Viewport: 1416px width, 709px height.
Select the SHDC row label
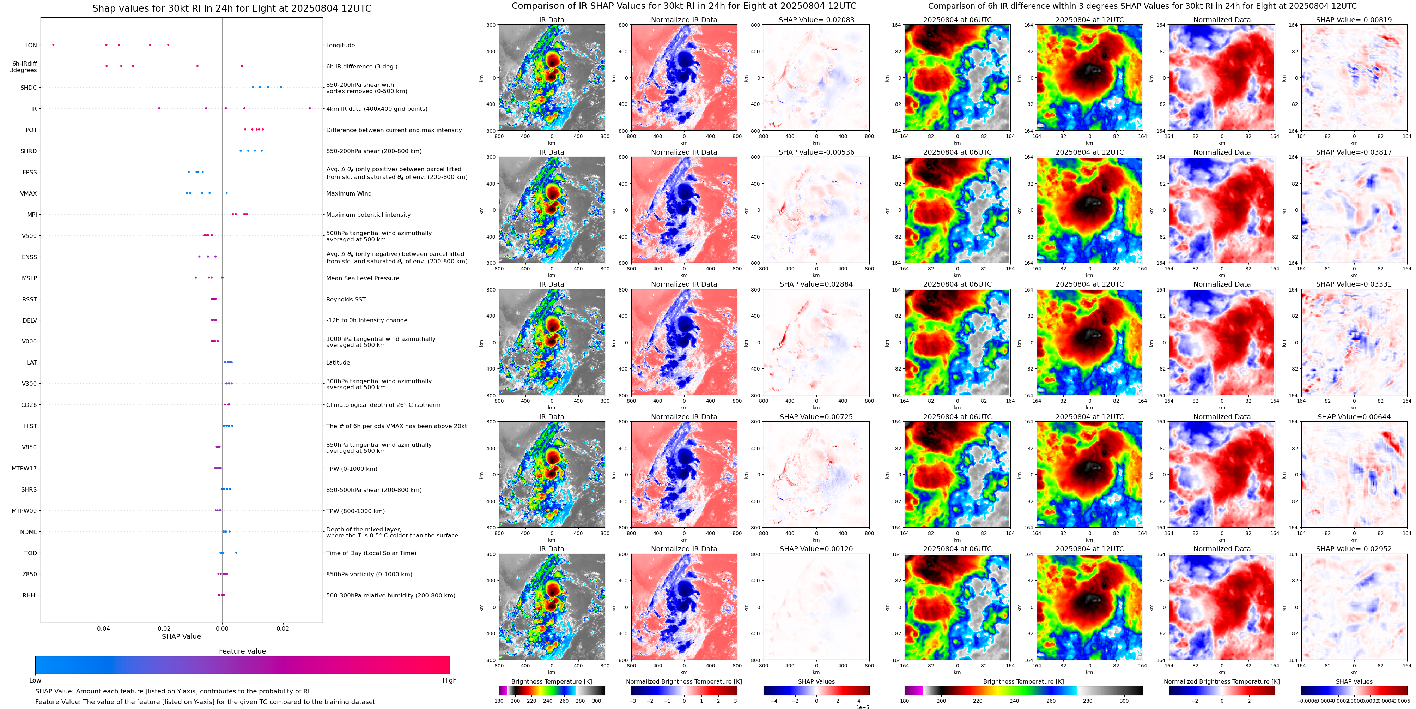point(29,88)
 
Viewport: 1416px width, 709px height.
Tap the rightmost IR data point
point(310,108)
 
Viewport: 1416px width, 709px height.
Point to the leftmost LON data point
point(53,44)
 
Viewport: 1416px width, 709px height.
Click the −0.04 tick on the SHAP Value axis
point(101,628)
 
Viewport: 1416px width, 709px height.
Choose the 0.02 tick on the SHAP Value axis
point(282,628)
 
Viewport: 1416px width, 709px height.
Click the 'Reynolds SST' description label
point(345,299)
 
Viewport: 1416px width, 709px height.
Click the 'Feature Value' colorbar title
point(242,651)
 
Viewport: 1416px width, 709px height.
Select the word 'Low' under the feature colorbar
point(35,680)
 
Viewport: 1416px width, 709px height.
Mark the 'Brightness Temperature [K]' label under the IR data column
point(551,681)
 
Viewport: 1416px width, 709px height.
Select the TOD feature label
point(30,553)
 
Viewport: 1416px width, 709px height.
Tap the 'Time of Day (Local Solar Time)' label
point(371,553)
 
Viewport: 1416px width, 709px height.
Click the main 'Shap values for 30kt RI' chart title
point(231,8)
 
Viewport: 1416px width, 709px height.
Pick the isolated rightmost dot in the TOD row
point(236,552)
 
